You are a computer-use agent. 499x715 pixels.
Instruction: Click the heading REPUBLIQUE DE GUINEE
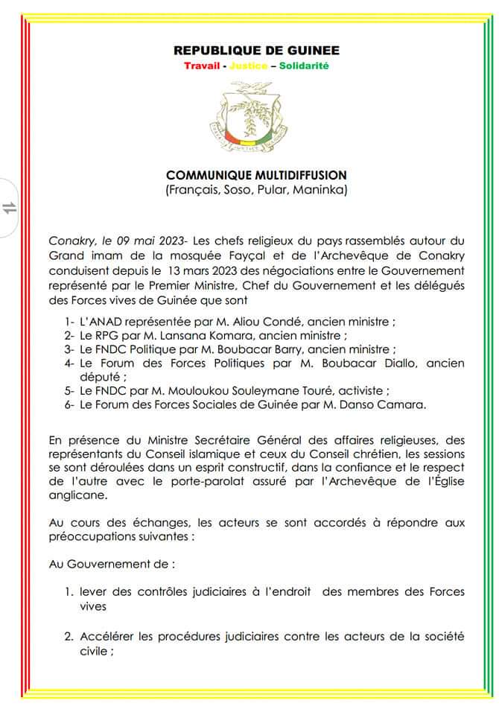[256, 51]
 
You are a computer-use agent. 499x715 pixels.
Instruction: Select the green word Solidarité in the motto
[304, 66]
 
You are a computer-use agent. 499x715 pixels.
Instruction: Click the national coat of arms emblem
[255, 116]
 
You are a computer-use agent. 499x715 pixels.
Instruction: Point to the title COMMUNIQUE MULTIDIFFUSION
[256, 176]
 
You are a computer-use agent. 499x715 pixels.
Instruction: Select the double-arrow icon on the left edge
[10, 208]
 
